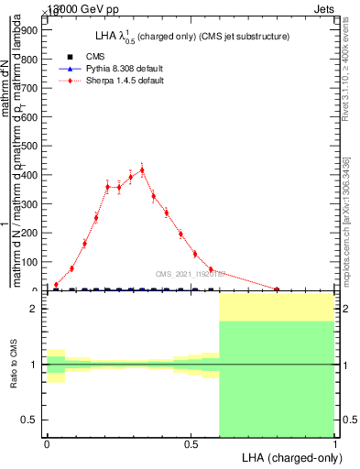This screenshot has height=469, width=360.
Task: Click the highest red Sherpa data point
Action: (x=142, y=169)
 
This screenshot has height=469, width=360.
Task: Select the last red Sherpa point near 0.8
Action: (x=277, y=289)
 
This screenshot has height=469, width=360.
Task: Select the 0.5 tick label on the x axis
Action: (x=191, y=444)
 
